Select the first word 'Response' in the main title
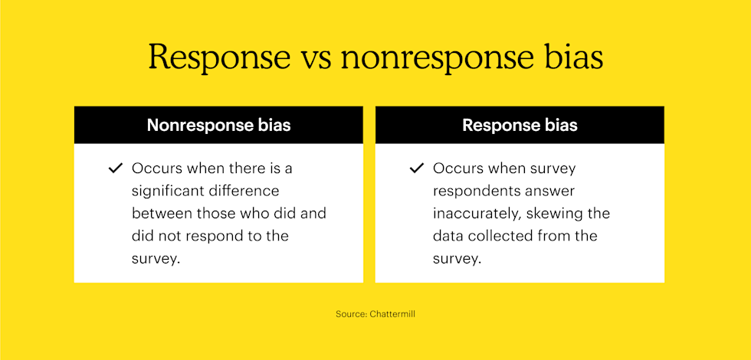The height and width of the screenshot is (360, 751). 219,59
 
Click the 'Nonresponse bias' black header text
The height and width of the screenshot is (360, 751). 218,125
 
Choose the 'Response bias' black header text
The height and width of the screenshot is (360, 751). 520,125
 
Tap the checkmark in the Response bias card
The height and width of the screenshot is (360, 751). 417,169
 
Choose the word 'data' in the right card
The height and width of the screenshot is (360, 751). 449,236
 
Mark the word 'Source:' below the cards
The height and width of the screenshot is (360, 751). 351,315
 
